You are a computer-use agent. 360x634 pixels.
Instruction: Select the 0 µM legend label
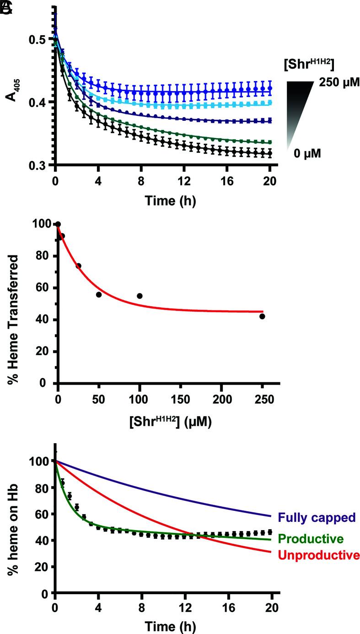point(307,153)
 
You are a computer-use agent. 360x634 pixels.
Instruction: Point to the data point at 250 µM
point(262,316)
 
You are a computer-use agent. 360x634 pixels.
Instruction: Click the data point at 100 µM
point(140,296)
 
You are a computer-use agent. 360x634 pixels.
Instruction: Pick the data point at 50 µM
point(99,294)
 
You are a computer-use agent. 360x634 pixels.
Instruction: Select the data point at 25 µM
point(78,266)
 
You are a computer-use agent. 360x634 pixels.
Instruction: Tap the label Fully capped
point(316,518)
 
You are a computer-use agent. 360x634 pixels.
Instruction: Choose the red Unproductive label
point(318,555)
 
